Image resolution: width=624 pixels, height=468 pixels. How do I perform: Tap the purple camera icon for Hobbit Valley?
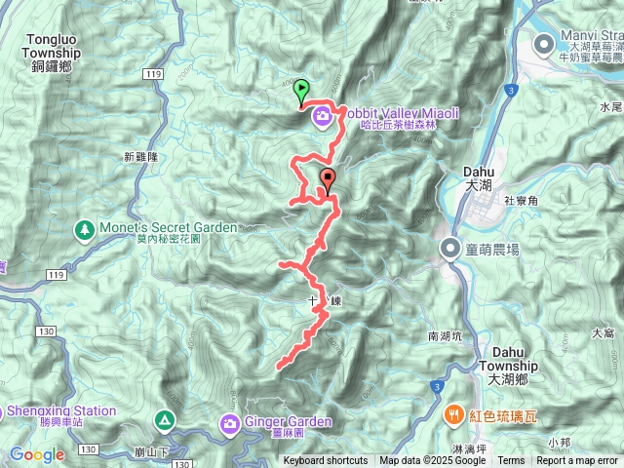click(321, 118)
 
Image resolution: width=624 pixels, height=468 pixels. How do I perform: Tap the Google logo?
click(36, 454)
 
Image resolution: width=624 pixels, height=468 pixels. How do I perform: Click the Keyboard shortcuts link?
click(326, 461)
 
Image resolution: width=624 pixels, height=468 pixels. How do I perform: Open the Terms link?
click(511, 461)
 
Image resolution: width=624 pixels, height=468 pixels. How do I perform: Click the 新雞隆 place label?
click(141, 155)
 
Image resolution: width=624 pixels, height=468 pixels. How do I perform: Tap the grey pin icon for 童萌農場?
click(448, 248)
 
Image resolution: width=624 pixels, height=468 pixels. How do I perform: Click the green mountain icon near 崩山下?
click(166, 420)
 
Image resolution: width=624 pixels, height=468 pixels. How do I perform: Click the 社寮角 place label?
click(521, 199)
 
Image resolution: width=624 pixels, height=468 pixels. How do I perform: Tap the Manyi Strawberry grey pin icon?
click(544, 42)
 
